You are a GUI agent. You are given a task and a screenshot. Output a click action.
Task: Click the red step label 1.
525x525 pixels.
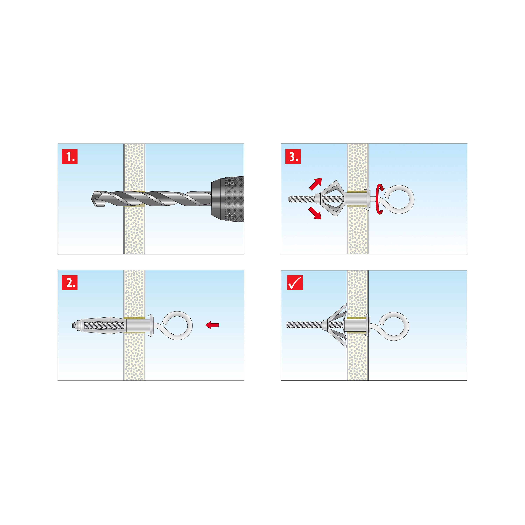point(70,156)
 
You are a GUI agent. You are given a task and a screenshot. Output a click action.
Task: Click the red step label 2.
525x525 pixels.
point(70,283)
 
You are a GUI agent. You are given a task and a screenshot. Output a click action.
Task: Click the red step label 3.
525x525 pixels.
point(293,156)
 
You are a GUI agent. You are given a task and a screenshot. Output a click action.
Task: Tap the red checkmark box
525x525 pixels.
point(295,283)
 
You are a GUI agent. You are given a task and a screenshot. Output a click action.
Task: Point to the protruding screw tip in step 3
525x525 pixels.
point(290,199)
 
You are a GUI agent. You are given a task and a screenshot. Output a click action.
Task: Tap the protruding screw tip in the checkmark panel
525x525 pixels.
point(287,325)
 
